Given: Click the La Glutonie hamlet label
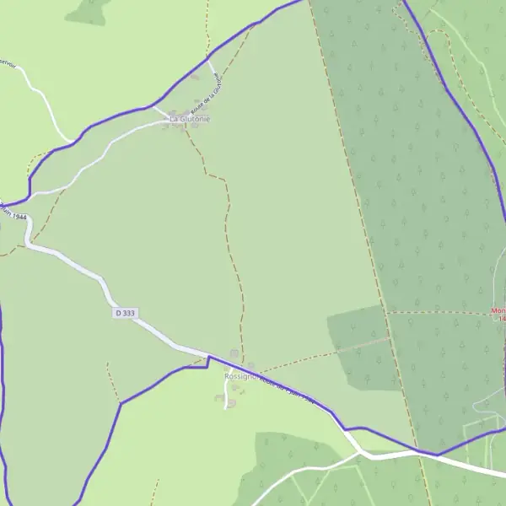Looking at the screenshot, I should pos(190,120).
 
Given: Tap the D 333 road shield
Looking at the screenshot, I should pos(124,313).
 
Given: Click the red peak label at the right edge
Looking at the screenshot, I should pos(498,315).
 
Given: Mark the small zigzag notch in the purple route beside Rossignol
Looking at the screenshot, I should pos(207,362).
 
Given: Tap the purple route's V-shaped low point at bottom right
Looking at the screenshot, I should pos(438,455).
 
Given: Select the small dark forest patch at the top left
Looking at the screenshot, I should pos(88,10).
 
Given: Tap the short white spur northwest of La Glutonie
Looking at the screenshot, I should pos(159,110).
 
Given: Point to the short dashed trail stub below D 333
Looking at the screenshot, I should pos(110,371).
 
